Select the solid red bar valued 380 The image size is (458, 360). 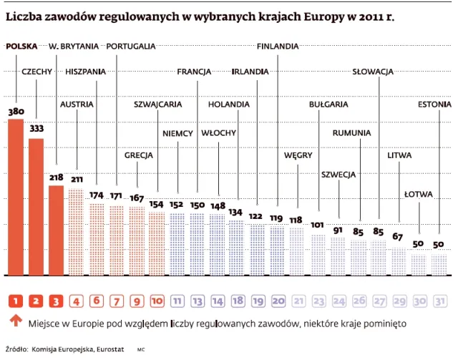16,197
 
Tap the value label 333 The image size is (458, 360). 36,129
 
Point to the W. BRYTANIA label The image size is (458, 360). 74,47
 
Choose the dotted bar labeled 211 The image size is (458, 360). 76,230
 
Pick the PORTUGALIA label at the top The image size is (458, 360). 130,47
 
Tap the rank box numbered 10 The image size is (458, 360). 157,301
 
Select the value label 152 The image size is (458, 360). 177,204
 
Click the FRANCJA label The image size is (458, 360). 193,72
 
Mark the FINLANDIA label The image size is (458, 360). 278,47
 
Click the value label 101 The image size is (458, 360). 318,224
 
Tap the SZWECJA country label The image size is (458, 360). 339,174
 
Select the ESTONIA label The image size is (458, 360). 434,104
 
